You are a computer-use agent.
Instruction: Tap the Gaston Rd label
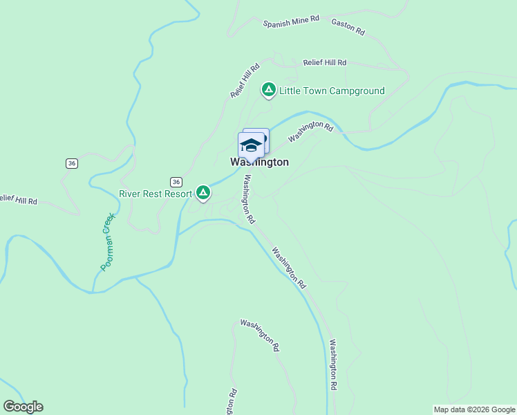pos(348,28)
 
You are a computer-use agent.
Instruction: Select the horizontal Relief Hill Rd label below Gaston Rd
pos(324,63)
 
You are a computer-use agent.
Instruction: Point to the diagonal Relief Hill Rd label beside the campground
pos(245,80)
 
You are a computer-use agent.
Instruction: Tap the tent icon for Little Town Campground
pos(268,89)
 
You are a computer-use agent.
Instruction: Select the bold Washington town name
pos(259,162)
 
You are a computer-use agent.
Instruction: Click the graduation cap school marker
pos(251,146)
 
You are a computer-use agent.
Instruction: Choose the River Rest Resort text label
pos(156,194)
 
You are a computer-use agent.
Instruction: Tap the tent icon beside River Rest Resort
pos(203,192)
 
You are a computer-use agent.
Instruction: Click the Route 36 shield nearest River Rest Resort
pos(176,182)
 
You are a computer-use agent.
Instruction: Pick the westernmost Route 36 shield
pos(71,163)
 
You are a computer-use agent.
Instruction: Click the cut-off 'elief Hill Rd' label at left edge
pos(19,201)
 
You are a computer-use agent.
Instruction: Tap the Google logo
pos(23,407)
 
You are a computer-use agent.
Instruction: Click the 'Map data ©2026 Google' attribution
pos(474,409)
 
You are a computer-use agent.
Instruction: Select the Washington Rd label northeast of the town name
pos(310,131)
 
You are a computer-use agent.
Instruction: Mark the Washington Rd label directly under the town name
pos(248,199)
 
